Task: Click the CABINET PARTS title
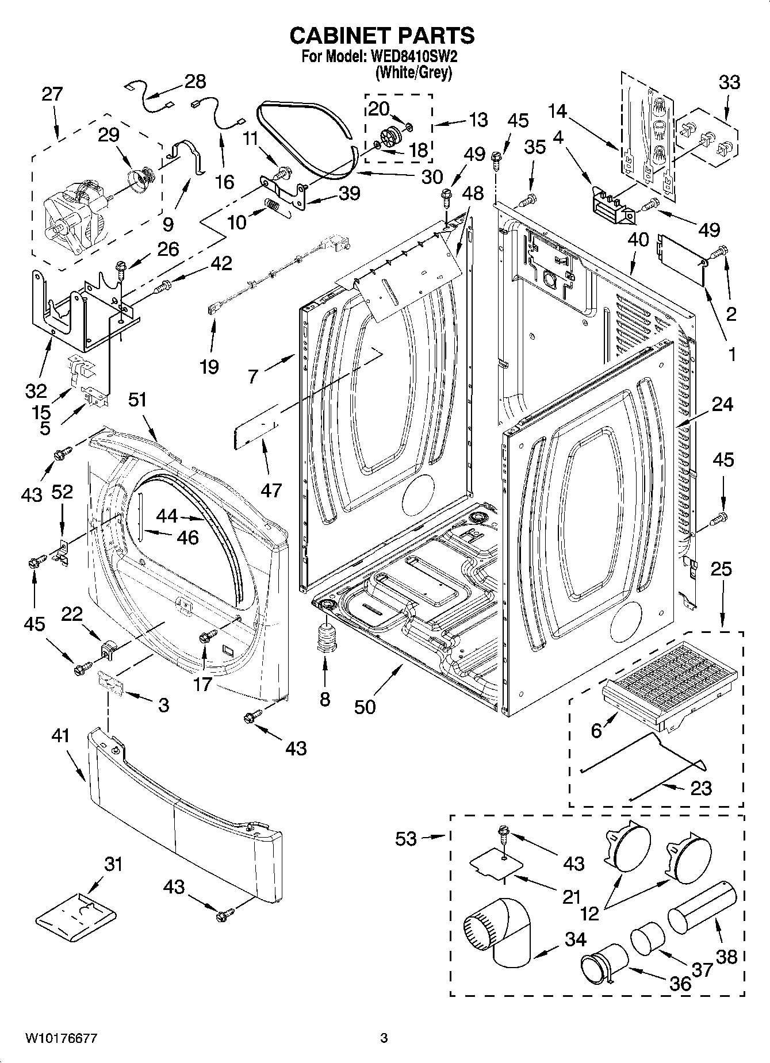tap(382, 36)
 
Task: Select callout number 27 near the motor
tap(52, 94)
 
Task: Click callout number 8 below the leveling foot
tap(325, 699)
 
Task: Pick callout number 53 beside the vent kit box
tap(405, 839)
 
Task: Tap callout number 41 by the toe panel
tap(60, 735)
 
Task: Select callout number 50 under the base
tap(365, 706)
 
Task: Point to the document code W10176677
tap(60, 1038)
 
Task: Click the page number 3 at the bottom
tap(384, 1038)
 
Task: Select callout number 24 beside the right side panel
tap(722, 404)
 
